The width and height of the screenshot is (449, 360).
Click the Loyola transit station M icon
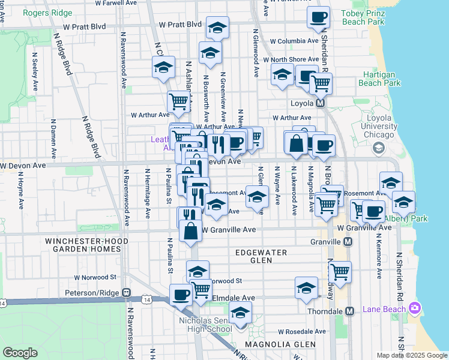coord(321,103)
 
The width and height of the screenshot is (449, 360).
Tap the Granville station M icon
coord(348,241)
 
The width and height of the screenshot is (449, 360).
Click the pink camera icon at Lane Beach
coord(414,308)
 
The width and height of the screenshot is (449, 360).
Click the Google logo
coord(20,352)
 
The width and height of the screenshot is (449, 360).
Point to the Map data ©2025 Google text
coord(411,355)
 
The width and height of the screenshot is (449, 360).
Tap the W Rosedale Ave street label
coord(302,332)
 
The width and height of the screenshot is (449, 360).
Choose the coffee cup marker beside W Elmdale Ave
coord(181,295)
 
